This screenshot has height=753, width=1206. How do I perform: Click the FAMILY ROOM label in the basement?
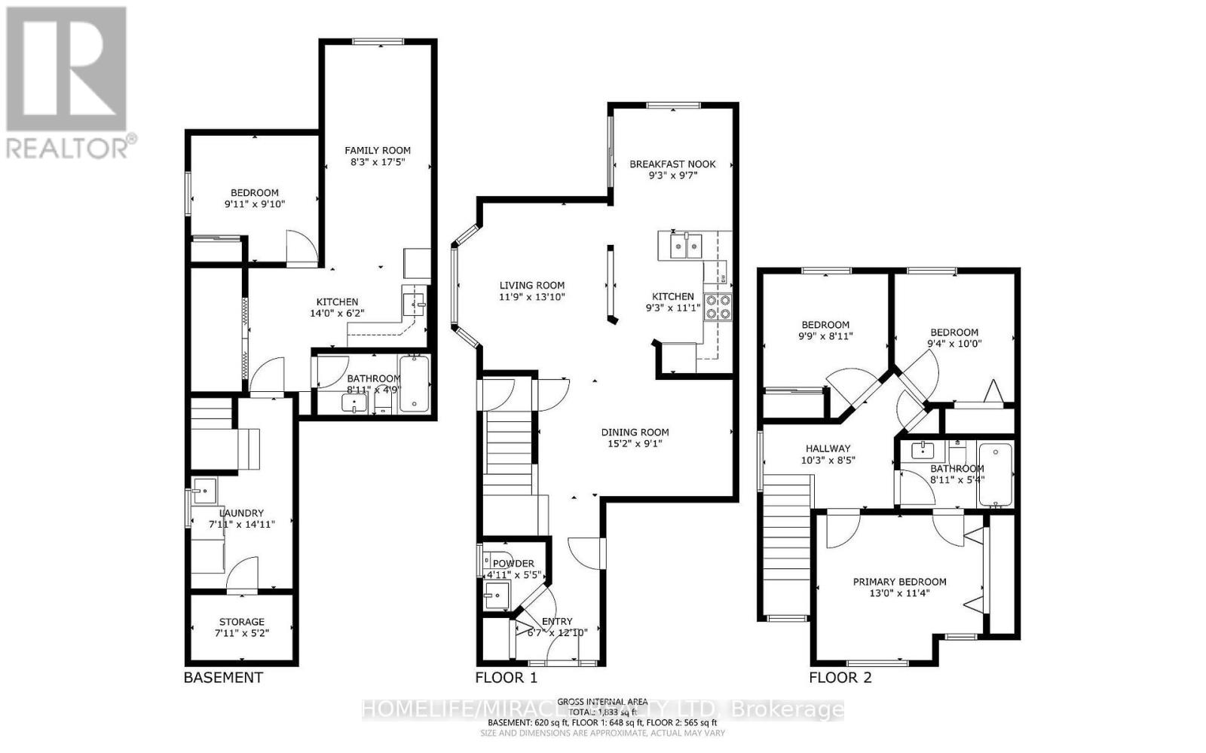tap(378, 150)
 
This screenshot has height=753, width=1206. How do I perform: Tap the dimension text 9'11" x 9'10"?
tap(255, 204)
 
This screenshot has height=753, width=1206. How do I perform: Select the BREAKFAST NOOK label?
tap(672, 164)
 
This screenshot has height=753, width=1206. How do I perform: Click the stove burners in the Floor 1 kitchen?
tap(718, 307)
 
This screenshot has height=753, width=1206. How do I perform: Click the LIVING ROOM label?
tap(532, 285)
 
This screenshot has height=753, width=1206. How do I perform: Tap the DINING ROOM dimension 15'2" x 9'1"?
tap(635, 445)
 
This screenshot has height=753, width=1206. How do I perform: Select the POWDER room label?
tap(513, 563)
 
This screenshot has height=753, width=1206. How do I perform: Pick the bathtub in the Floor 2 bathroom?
tap(994, 475)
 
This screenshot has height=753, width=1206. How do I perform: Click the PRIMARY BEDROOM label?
tap(899, 581)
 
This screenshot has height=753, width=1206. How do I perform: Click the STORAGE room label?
tap(241, 622)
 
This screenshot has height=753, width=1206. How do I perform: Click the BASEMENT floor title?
tap(223, 678)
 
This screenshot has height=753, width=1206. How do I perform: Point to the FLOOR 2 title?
tap(840, 678)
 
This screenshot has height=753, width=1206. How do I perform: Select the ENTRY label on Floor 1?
tap(557, 621)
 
